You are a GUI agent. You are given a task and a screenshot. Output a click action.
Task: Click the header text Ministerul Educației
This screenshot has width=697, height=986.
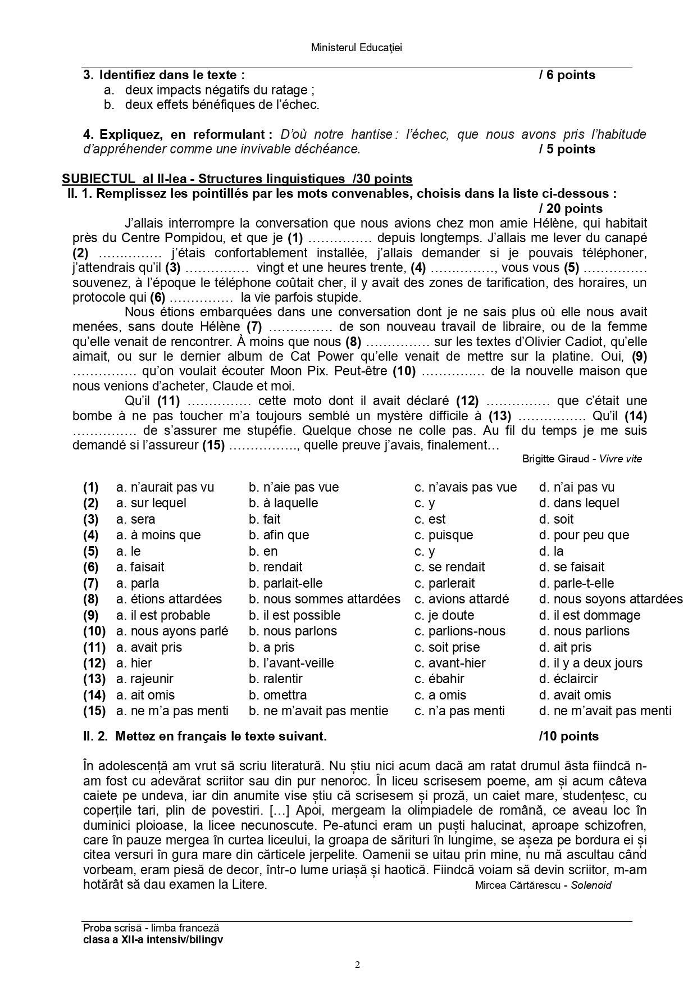[356, 48]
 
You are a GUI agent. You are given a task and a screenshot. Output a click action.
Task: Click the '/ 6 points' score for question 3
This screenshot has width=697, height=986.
[567, 75]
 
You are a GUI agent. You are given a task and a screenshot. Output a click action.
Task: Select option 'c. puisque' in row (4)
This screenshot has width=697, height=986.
[444, 535]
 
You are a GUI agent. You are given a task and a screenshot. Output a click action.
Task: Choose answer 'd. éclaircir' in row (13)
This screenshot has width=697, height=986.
[568, 679]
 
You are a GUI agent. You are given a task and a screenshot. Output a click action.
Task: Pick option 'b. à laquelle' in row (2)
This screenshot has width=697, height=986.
[284, 503]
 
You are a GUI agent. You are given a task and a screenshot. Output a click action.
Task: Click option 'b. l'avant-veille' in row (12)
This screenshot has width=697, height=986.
[291, 663]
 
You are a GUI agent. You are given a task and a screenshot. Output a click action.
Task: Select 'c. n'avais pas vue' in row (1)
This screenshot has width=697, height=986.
[466, 487]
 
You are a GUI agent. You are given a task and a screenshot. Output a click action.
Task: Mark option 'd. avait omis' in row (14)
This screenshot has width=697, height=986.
[575, 695]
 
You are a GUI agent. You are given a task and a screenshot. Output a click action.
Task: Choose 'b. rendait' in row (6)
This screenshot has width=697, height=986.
[276, 567]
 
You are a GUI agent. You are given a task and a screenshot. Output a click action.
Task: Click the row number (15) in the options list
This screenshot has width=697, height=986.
[94, 711]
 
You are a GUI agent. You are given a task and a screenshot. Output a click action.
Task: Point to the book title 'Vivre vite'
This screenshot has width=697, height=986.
[621, 458]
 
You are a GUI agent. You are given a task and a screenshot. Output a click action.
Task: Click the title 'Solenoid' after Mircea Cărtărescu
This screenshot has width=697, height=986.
[591, 885]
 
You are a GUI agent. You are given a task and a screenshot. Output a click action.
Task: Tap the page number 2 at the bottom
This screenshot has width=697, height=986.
[357, 965]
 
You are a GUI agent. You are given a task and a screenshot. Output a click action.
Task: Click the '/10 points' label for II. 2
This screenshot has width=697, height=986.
[568, 736]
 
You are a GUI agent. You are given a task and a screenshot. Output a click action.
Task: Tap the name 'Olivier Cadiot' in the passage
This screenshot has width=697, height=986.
[566, 342]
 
